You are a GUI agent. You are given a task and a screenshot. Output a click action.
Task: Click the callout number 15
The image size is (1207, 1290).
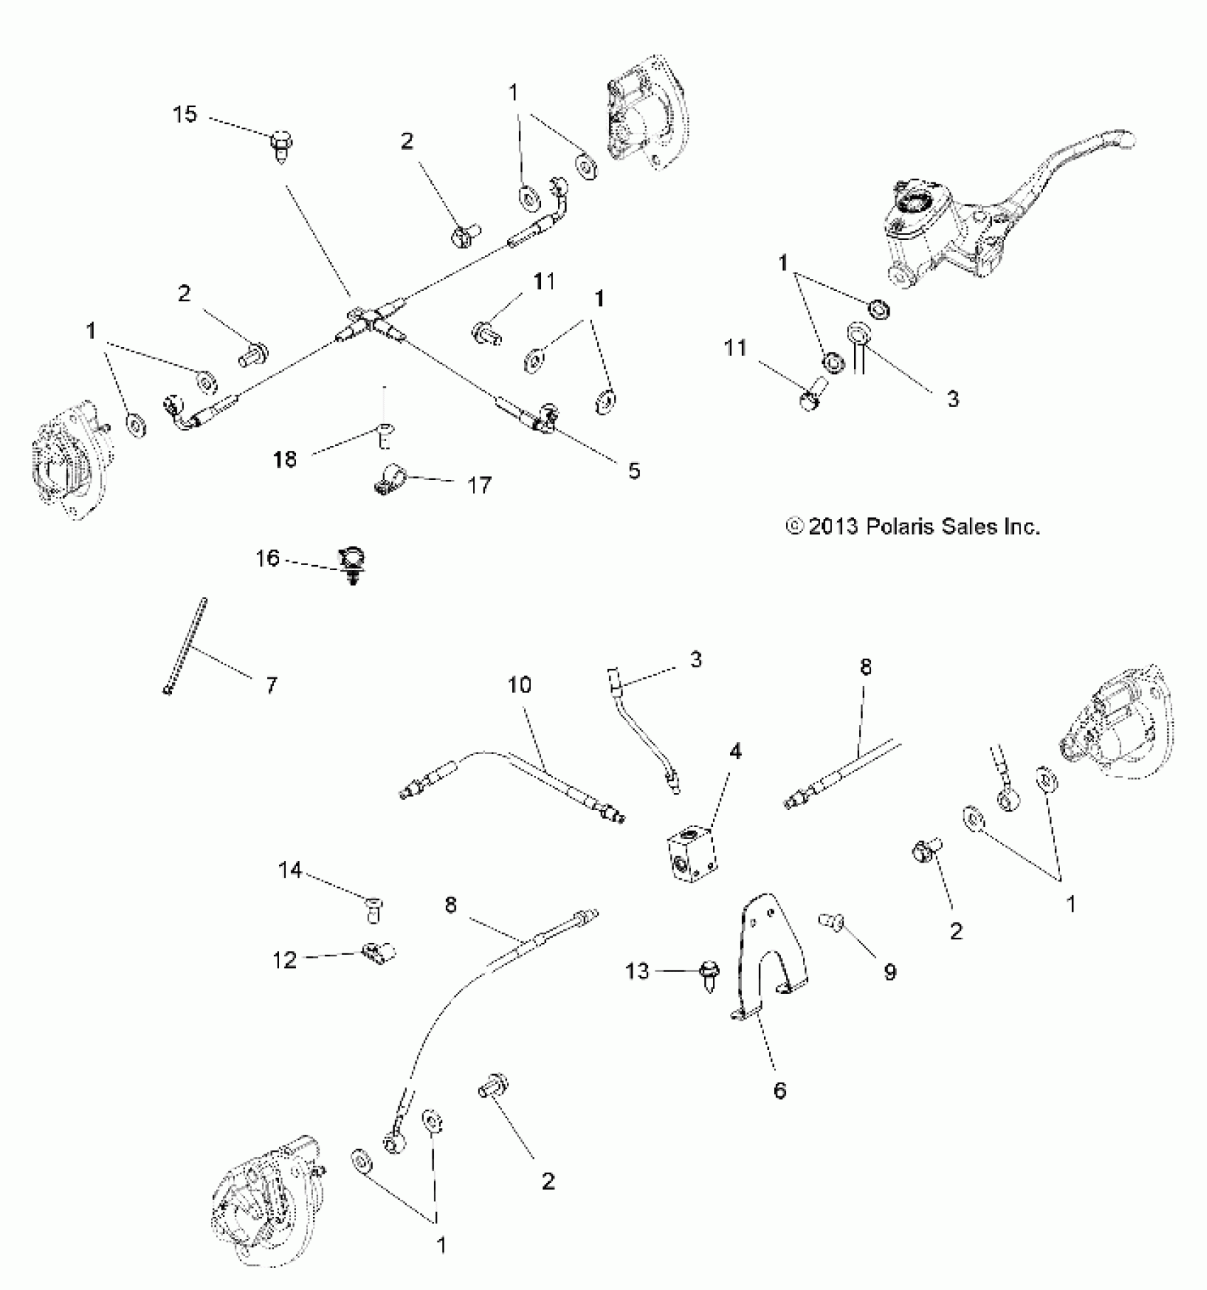click(185, 114)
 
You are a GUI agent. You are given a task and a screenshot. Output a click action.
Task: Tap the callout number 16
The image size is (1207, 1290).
click(268, 559)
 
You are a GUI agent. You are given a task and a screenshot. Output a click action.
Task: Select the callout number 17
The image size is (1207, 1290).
click(479, 486)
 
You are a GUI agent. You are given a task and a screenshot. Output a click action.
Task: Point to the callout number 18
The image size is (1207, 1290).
click(285, 459)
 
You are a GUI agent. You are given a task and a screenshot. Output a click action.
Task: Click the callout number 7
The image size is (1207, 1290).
click(271, 685)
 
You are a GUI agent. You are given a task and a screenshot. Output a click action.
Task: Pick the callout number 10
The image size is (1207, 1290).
click(520, 684)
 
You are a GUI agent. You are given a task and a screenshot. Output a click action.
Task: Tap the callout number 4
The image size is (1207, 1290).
click(736, 750)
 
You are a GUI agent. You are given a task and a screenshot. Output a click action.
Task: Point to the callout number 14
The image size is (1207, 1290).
click(290, 870)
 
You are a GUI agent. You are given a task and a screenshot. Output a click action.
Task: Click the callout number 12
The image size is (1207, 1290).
click(285, 960)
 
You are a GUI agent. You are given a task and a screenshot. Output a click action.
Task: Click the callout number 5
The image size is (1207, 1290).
click(634, 471)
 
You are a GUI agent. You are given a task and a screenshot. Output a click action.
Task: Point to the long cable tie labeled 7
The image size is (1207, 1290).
click(187, 646)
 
